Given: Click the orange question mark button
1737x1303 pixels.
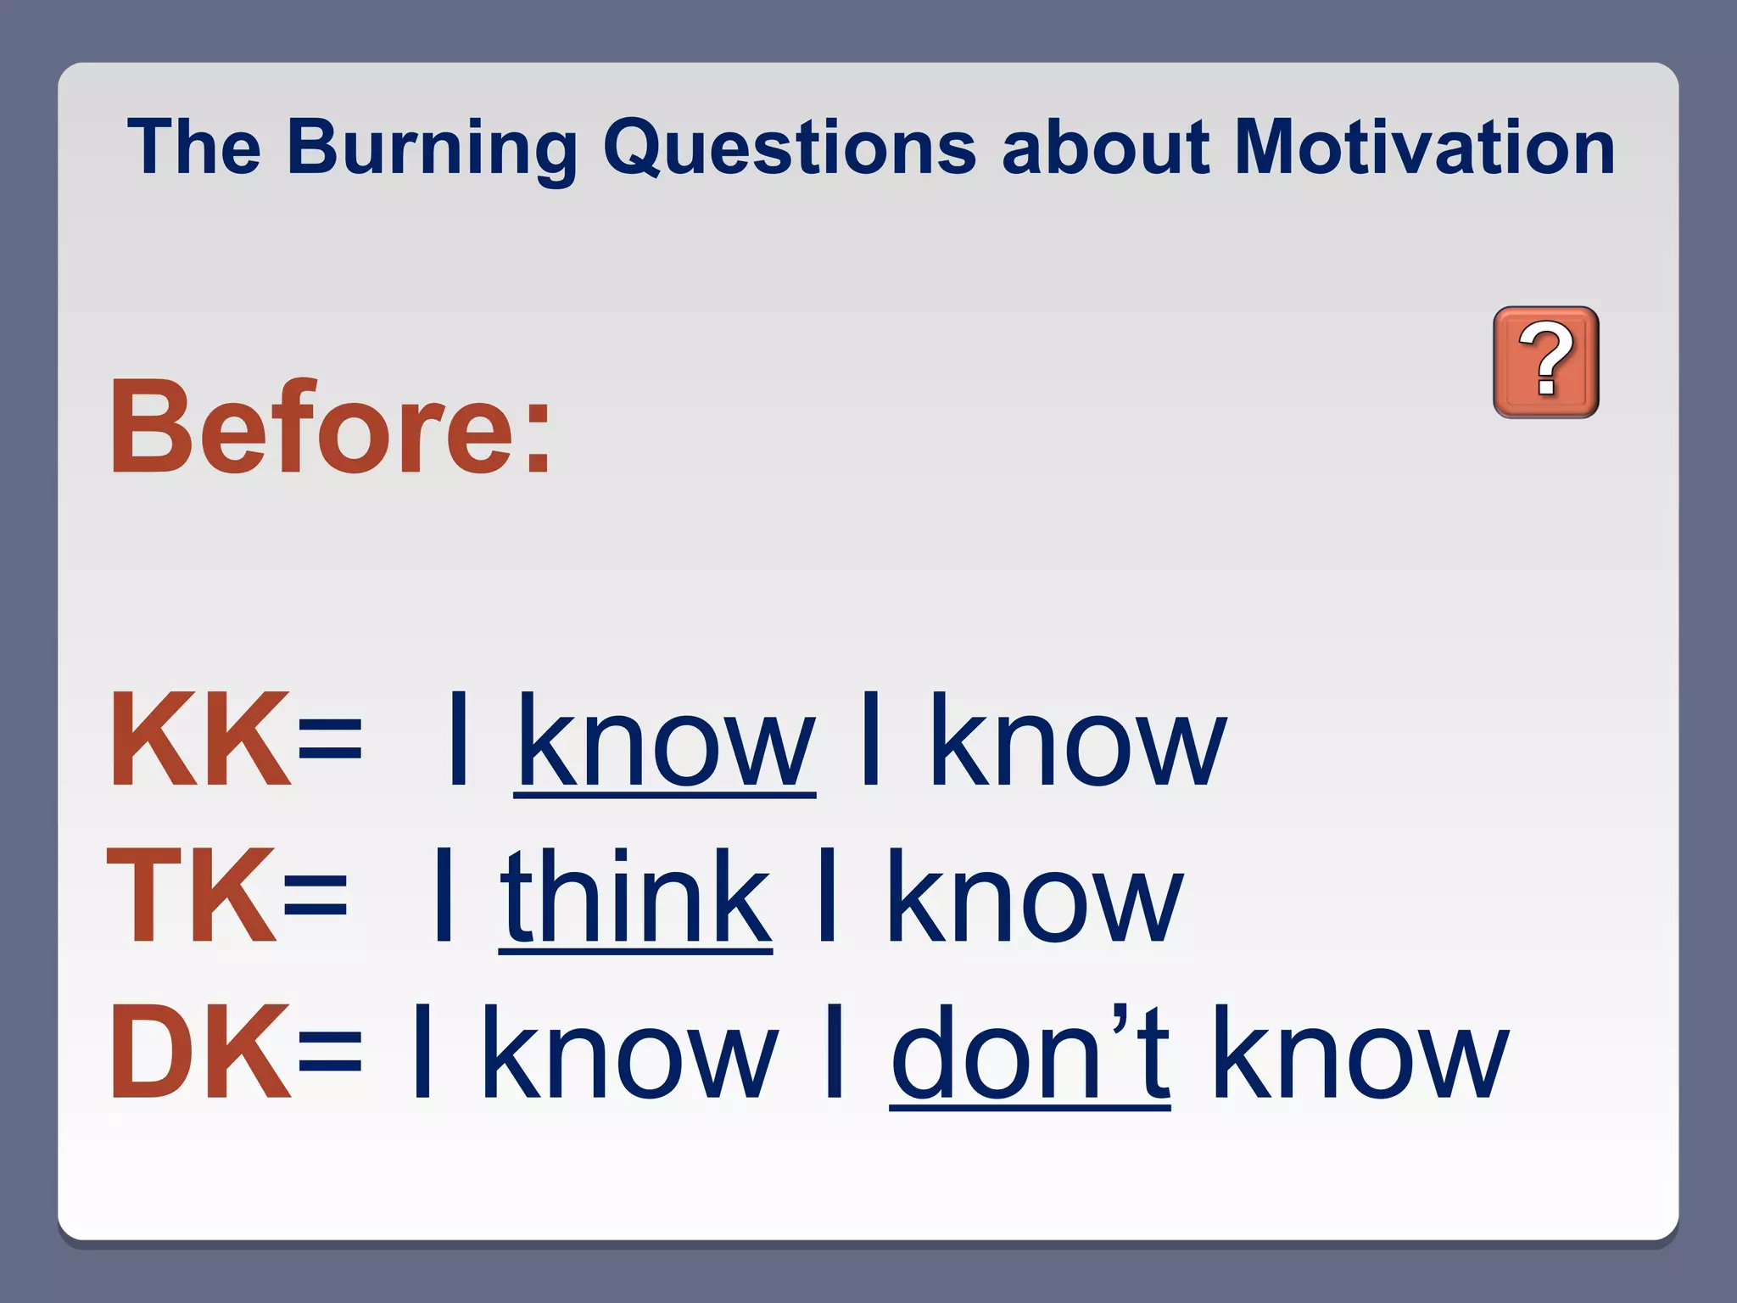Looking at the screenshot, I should (x=1545, y=362).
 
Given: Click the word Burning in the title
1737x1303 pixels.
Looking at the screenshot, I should (x=432, y=148).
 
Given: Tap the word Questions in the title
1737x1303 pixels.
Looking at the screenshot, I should (x=789, y=148).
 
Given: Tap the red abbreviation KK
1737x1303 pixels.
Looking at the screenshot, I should (x=199, y=740).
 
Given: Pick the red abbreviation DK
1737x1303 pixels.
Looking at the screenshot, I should (x=199, y=1052).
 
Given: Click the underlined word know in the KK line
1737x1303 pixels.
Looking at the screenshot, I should (x=665, y=740).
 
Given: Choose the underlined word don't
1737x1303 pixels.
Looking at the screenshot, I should (x=1030, y=1052).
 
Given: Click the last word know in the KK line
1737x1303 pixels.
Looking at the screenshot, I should (x=1077, y=740).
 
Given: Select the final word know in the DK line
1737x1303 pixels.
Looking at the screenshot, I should (x=1360, y=1052).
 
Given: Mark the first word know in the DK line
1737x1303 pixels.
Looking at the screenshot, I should (x=629, y=1052).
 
